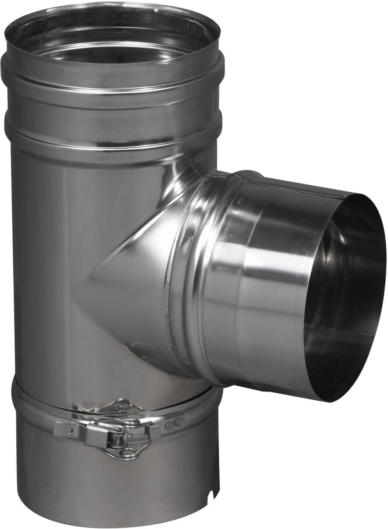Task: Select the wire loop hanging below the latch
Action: click(x=127, y=453)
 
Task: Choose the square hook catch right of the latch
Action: click(x=154, y=432)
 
